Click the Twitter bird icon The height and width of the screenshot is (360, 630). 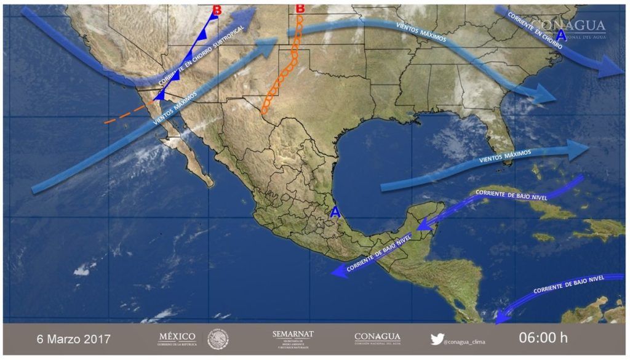(x=437, y=338)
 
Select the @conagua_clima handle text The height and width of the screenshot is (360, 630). (x=466, y=340)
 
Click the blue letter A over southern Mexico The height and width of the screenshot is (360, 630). (x=335, y=212)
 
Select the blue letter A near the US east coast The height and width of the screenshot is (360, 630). (x=560, y=36)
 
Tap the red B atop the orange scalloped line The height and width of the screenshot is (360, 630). (x=300, y=9)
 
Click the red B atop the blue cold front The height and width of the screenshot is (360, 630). (x=216, y=10)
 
